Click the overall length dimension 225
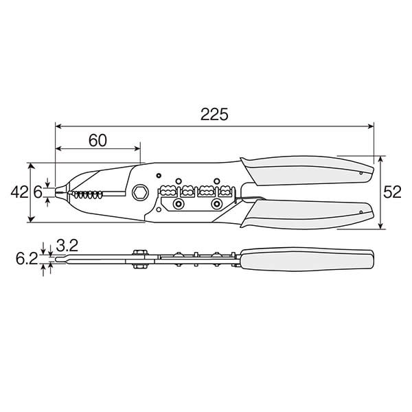(214, 115)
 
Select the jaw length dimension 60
(98, 140)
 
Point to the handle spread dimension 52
(392, 193)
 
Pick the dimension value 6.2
(25, 260)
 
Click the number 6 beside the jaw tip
(38, 193)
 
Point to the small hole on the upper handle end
(361, 174)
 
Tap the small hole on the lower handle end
(361, 214)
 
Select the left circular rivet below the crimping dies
(179, 205)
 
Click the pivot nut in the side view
(139, 259)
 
